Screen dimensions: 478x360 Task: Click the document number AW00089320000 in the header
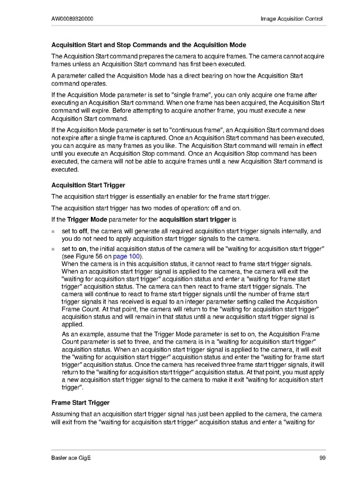click(72, 19)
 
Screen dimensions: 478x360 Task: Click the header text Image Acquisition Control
click(291, 19)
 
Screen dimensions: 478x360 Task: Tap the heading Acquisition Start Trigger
click(88, 185)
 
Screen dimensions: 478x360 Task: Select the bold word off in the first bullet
click(83, 231)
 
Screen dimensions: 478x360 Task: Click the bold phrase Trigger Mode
click(87, 219)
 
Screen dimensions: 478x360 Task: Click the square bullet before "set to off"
click(53, 232)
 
